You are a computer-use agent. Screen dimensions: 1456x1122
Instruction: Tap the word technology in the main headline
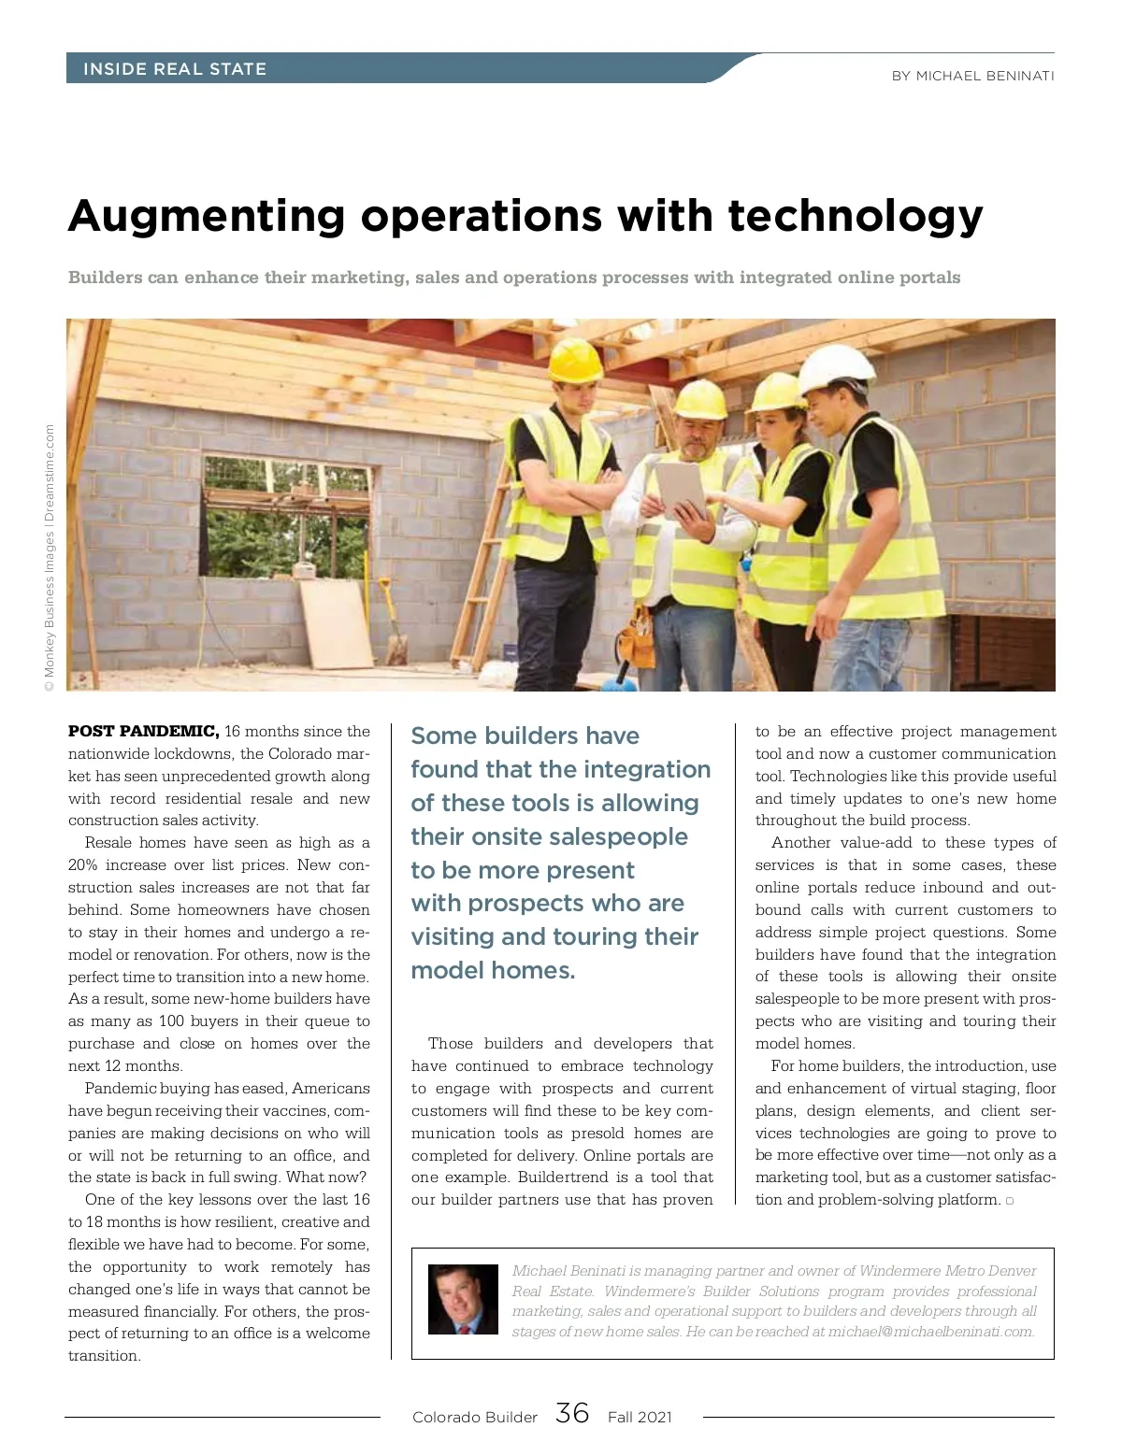point(855,217)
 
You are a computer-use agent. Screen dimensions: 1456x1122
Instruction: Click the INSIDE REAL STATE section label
point(175,69)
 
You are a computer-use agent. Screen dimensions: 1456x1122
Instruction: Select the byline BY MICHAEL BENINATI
point(972,76)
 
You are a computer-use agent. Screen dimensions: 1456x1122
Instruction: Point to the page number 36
point(572,1413)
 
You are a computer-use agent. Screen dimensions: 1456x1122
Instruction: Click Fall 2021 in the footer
point(640,1417)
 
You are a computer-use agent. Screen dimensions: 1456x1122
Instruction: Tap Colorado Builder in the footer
point(475,1417)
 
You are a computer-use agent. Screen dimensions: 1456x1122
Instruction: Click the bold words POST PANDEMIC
point(143,731)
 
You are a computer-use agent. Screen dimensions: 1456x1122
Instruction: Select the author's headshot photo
point(463,1299)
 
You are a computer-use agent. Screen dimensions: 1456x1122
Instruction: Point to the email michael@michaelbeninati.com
point(931,1331)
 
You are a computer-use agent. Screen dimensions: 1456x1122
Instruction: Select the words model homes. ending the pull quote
point(493,970)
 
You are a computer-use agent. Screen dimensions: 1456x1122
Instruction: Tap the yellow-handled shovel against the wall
point(391,617)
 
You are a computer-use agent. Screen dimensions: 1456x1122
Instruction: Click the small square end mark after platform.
point(1010,1201)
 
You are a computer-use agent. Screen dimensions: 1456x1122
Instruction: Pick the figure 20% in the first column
point(84,865)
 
